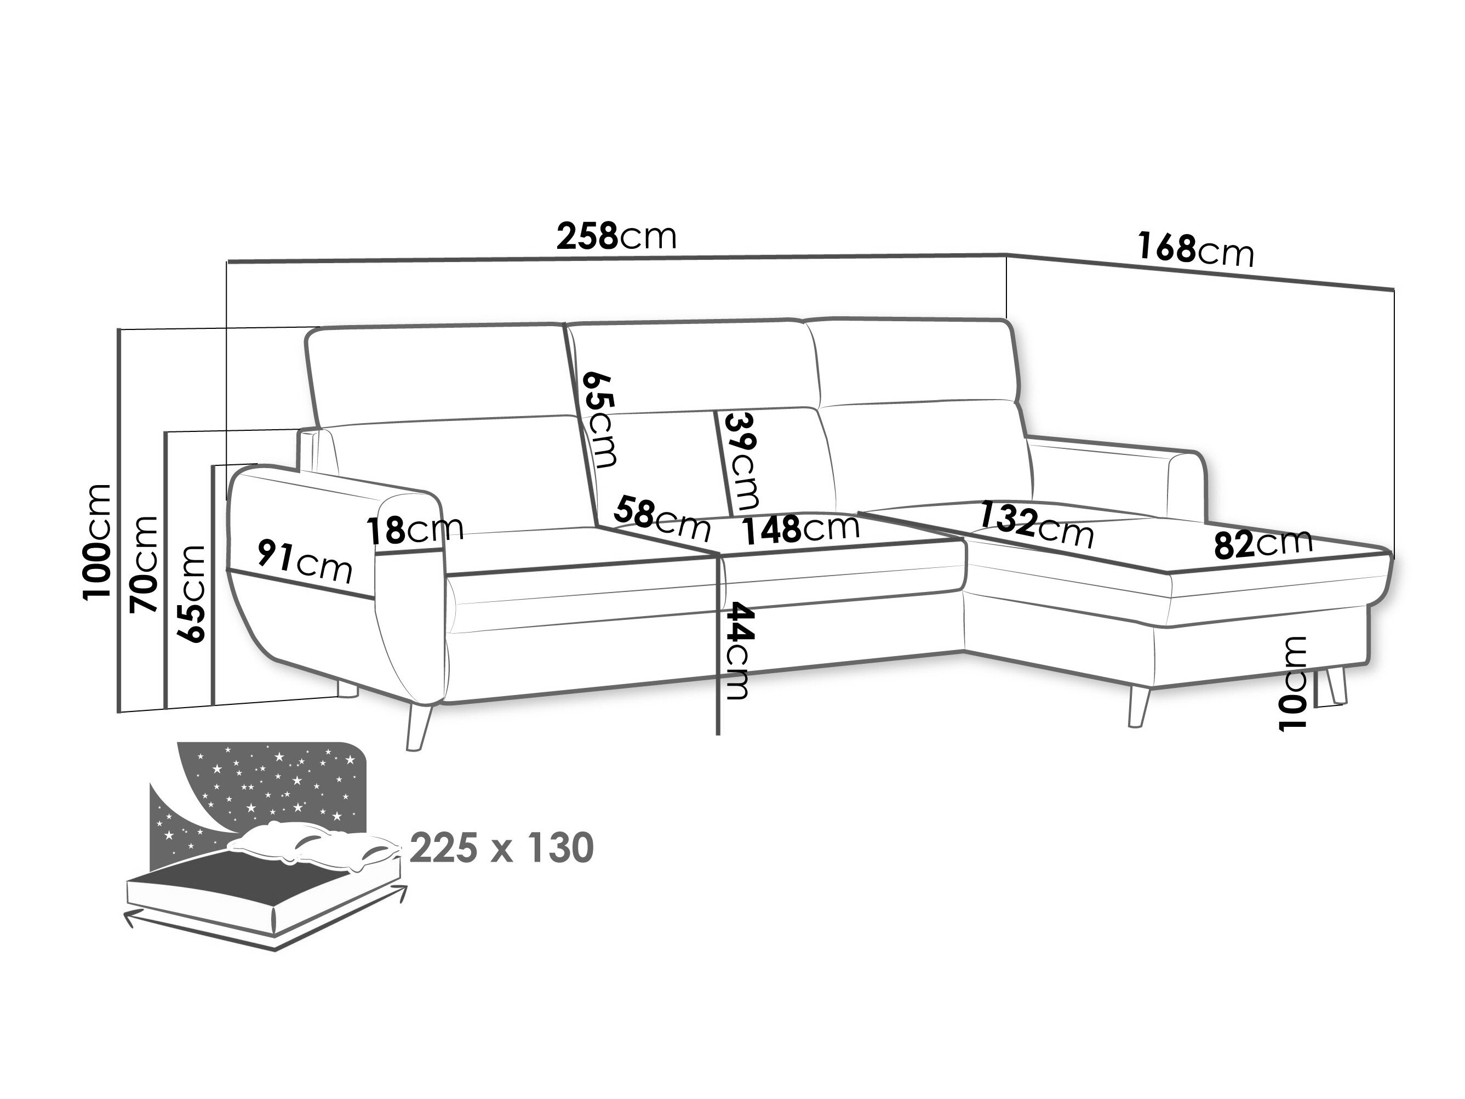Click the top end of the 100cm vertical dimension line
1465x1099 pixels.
tap(118, 329)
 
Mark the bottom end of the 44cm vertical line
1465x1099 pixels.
tap(718, 734)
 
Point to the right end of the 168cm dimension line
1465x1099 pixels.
tap(1394, 289)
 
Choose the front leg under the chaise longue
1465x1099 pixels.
tap(1138, 705)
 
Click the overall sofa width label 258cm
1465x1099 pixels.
tap(616, 236)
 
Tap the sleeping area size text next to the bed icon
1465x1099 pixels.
tap(501, 849)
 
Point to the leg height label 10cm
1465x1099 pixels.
tap(1293, 684)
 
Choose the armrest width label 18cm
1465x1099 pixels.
tap(415, 530)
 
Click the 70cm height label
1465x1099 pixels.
tap(145, 565)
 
